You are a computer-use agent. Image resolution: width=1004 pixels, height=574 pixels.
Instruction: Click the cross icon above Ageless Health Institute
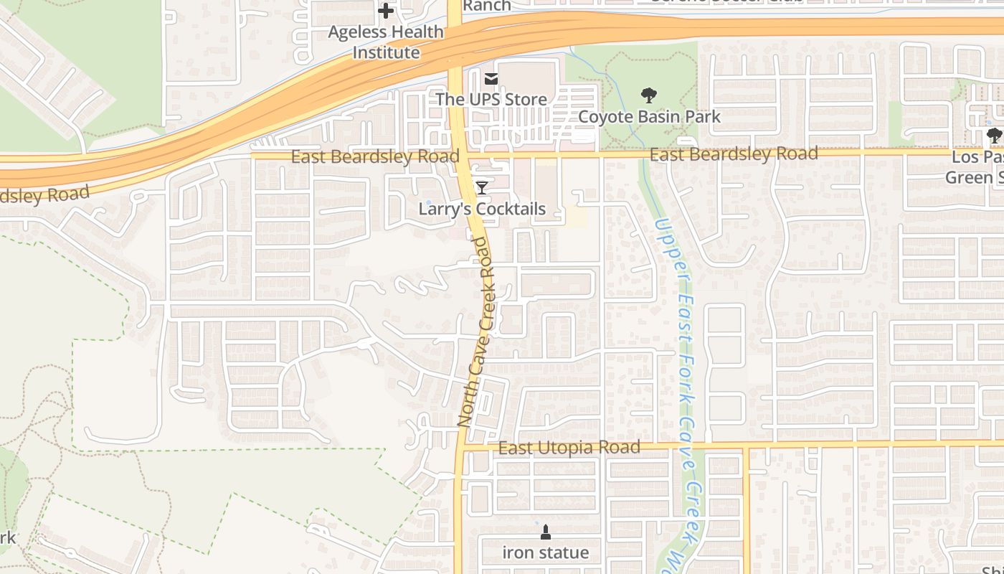click(386, 11)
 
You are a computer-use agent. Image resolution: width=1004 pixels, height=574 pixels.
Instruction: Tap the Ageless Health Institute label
click(386, 42)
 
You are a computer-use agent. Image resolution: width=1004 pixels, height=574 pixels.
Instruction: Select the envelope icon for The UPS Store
click(491, 79)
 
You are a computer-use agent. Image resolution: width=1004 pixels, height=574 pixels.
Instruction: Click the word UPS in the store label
click(491, 99)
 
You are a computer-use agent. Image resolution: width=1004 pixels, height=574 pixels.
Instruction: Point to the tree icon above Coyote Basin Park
click(649, 95)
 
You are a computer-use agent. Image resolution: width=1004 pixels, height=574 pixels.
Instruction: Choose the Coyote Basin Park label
click(649, 116)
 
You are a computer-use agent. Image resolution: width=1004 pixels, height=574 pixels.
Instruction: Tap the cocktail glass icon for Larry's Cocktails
click(482, 188)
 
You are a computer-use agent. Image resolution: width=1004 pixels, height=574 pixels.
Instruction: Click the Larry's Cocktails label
click(482, 209)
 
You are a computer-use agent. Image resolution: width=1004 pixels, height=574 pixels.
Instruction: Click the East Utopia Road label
click(569, 448)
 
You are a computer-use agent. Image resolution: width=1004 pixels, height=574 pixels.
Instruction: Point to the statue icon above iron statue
click(545, 532)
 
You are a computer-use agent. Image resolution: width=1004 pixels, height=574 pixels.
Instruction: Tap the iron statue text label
click(545, 552)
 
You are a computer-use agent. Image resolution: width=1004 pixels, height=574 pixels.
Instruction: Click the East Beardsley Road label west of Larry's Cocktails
click(375, 156)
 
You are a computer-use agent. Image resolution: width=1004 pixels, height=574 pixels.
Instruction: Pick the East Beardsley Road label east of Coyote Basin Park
click(734, 154)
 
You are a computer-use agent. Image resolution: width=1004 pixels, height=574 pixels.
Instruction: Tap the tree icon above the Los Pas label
click(993, 134)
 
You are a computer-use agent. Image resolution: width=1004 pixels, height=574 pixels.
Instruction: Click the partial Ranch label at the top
click(487, 6)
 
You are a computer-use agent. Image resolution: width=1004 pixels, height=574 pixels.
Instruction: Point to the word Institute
click(386, 52)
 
